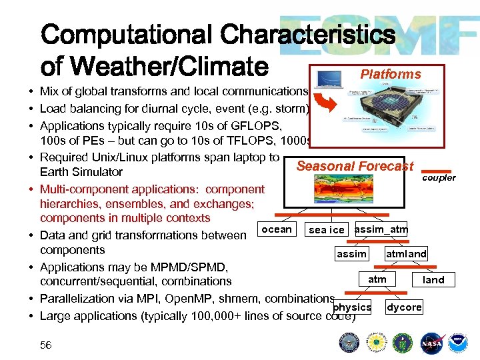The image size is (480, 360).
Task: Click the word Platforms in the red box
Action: point(391,74)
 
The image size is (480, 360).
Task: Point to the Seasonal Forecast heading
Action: point(355,166)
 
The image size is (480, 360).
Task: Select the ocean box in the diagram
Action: point(277,229)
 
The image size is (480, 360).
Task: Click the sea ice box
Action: point(327,230)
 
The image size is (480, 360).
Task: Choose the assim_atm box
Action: point(381,229)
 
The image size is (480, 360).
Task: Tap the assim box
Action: point(351,254)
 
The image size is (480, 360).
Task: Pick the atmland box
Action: point(406,254)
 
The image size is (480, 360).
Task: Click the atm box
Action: point(377,279)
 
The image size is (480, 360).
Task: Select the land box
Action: point(433,280)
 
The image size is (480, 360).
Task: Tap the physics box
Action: point(353,307)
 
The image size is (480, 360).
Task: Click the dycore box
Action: point(404,307)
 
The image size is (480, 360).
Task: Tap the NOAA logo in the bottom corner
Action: point(457,343)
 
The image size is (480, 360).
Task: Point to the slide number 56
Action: point(46,345)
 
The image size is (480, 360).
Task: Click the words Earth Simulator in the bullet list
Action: point(81,172)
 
